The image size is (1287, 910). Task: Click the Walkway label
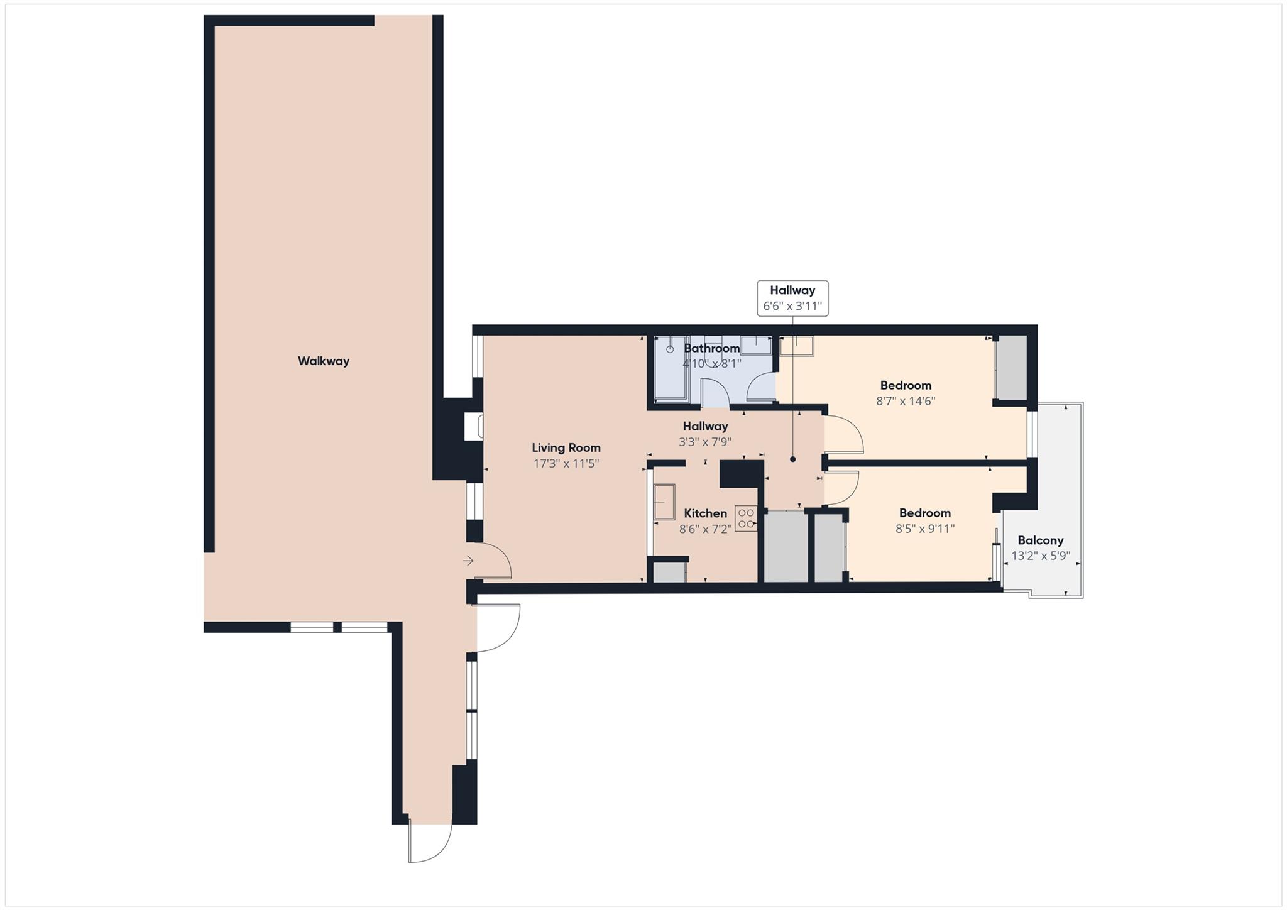323,361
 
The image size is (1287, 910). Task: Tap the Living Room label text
566,447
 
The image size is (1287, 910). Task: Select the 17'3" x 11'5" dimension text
566,464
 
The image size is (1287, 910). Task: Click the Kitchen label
705,513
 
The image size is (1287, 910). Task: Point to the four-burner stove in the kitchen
746,518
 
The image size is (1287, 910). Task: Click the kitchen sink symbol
664,502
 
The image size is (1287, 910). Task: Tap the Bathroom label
711,348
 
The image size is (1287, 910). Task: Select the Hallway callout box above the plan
792,298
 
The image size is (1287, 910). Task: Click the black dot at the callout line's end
792,459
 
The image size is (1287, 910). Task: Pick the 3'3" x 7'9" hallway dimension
704,442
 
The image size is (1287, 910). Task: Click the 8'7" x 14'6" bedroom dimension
905,401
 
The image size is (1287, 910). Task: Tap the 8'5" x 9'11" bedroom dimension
924,529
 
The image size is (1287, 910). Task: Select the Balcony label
1040,540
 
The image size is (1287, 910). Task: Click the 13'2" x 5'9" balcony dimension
1040,556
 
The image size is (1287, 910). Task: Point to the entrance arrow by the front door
468,561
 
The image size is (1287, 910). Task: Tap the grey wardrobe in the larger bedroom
1010,368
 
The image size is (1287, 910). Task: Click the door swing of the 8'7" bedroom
844,434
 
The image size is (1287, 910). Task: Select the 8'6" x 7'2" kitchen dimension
705,529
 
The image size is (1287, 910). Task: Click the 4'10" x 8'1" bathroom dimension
711,363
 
